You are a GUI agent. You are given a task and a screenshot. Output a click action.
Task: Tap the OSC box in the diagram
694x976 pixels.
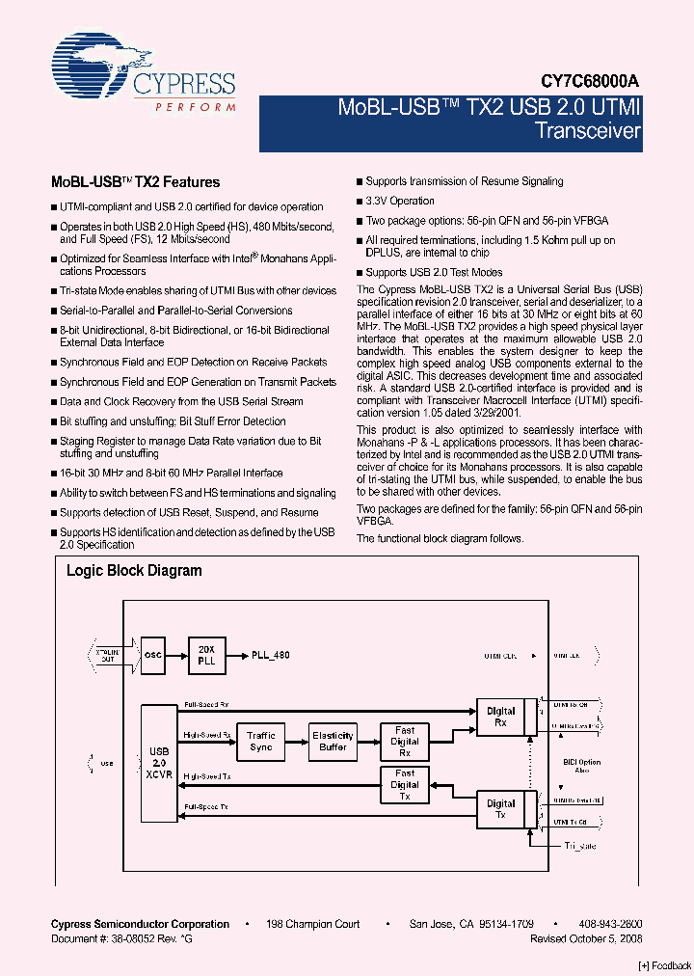click(x=153, y=654)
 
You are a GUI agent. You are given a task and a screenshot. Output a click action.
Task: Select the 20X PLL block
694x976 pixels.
click(x=205, y=654)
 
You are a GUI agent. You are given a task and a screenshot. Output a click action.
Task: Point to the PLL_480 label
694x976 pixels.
click(x=270, y=655)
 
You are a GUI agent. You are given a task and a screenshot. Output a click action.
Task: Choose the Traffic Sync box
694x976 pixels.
click(x=260, y=742)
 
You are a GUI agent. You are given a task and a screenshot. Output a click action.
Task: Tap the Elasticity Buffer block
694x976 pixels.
click(x=333, y=742)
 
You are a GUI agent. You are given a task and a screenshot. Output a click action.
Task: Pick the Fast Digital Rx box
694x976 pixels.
click(x=405, y=742)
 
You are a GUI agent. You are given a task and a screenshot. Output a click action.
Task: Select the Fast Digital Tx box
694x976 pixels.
click(x=405, y=785)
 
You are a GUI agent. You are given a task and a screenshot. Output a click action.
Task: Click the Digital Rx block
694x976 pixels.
click(x=501, y=717)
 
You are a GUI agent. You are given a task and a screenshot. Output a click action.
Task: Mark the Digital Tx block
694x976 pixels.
click(x=501, y=809)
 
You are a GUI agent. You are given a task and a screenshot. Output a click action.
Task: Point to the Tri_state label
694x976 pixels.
click(x=580, y=846)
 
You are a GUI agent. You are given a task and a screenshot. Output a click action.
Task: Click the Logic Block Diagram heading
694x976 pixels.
click(x=134, y=571)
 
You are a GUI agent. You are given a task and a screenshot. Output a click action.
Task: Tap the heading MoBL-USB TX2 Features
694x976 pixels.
click(x=135, y=182)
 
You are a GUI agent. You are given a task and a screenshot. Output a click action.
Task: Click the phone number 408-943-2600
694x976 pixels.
click(x=611, y=924)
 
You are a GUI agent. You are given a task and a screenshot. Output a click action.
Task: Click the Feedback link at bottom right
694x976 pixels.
click(x=665, y=965)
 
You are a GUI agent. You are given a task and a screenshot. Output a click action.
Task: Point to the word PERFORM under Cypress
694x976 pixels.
click(x=196, y=106)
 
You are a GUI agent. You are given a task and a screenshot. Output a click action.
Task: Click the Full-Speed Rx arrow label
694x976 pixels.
click(x=206, y=705)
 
